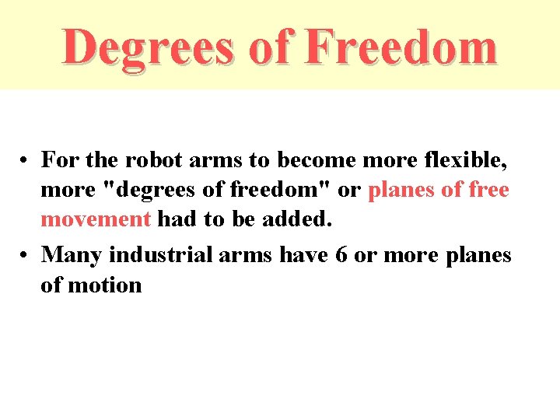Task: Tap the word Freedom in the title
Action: pyautogui.click(x=400, y=46)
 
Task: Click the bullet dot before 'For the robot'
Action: pyautogui.click(x=26, y=161)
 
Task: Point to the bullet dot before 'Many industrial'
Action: pyautogui.click(x=26, y=256)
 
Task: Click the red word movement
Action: pyautogui.click(x=95, y=219)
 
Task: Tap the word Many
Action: pyautogui.click(x=72, y=255)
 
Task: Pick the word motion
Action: pyautogui.click(x=106, y=285)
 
